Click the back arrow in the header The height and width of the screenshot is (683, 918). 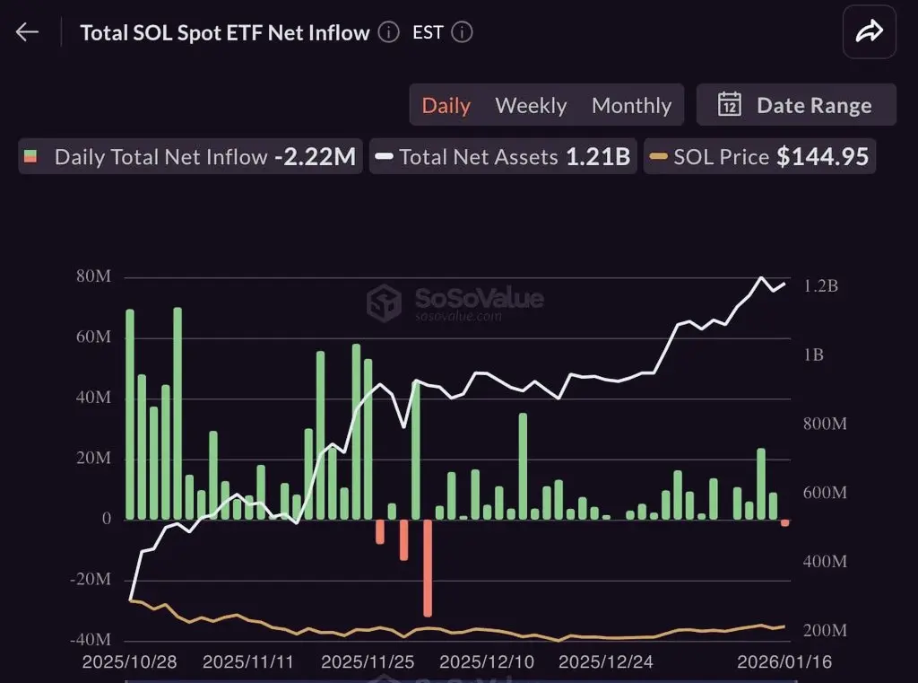coord(27,33)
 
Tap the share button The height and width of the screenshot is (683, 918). coord(869,33)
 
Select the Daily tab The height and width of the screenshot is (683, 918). coord(446,105)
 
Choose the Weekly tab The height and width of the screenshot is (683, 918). coord(531,105)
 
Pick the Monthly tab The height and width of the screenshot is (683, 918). coord(631,105)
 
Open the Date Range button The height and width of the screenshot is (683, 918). coord(796,105)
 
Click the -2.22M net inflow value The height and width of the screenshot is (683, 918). coord(315,157)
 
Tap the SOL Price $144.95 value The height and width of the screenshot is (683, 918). coord(822,157)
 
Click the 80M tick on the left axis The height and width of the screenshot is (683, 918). coord(93,276)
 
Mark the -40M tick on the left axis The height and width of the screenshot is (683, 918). coord(91,640)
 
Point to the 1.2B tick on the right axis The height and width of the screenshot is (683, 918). coord(820,286)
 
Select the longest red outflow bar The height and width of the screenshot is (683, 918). coord(428,567)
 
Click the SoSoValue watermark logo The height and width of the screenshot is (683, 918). coord(384,302)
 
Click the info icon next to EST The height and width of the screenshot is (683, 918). coord(462,33)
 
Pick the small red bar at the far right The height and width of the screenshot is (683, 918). coord(785,522)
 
